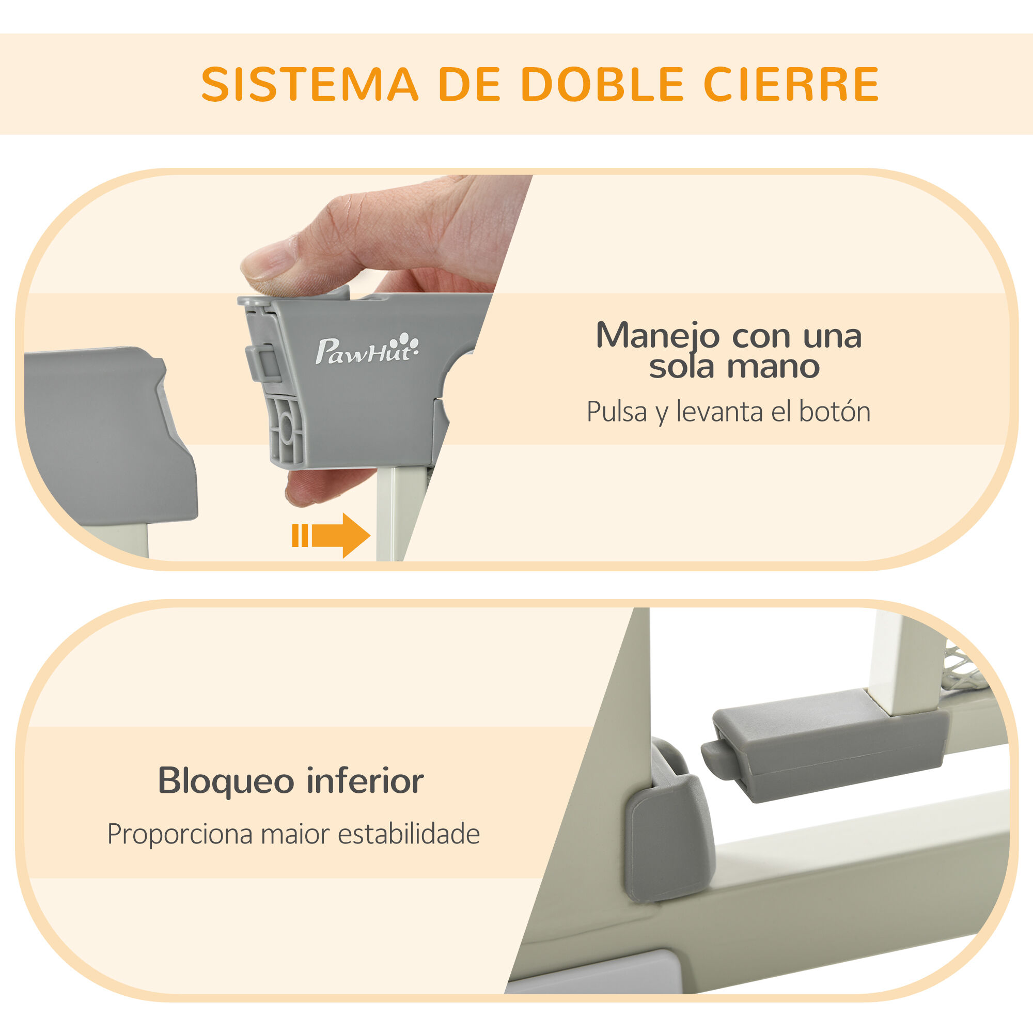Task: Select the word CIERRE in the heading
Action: (x=791, y=84)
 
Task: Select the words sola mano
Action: (x=734, y=367)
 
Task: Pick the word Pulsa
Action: (x=617, y=412)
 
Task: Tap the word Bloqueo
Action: (x=226, y=781)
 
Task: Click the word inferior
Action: (x=365, y=781)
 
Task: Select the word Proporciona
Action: (x=180, y=834)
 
